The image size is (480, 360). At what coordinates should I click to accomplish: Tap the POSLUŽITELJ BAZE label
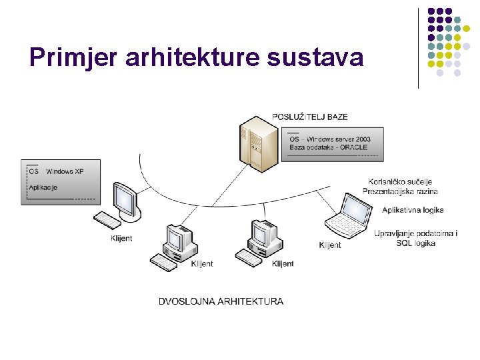click(309, 117)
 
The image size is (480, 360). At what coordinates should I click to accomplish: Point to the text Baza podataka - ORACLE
click(329, 147)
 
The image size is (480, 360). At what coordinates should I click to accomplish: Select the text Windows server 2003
click(340, 139)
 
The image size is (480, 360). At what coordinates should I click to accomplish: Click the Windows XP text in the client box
click(65, 171)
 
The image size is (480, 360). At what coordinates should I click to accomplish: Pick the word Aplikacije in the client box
click(43, 187)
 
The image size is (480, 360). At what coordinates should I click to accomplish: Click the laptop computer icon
click(348, 216)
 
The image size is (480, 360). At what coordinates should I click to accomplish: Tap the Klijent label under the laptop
click(330, 245)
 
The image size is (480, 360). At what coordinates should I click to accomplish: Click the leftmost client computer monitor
click(125, 199)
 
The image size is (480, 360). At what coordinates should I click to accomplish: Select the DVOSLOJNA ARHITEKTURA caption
click(221, 301)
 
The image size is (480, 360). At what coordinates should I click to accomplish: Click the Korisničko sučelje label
click(400, 181)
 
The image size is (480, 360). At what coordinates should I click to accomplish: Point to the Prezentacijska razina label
click(400, 191)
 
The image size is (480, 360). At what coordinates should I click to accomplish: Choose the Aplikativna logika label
click(413, 210)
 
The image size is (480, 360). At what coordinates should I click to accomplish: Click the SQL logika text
click(415, 243)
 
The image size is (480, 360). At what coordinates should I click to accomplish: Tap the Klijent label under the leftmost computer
click(121, 239)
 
